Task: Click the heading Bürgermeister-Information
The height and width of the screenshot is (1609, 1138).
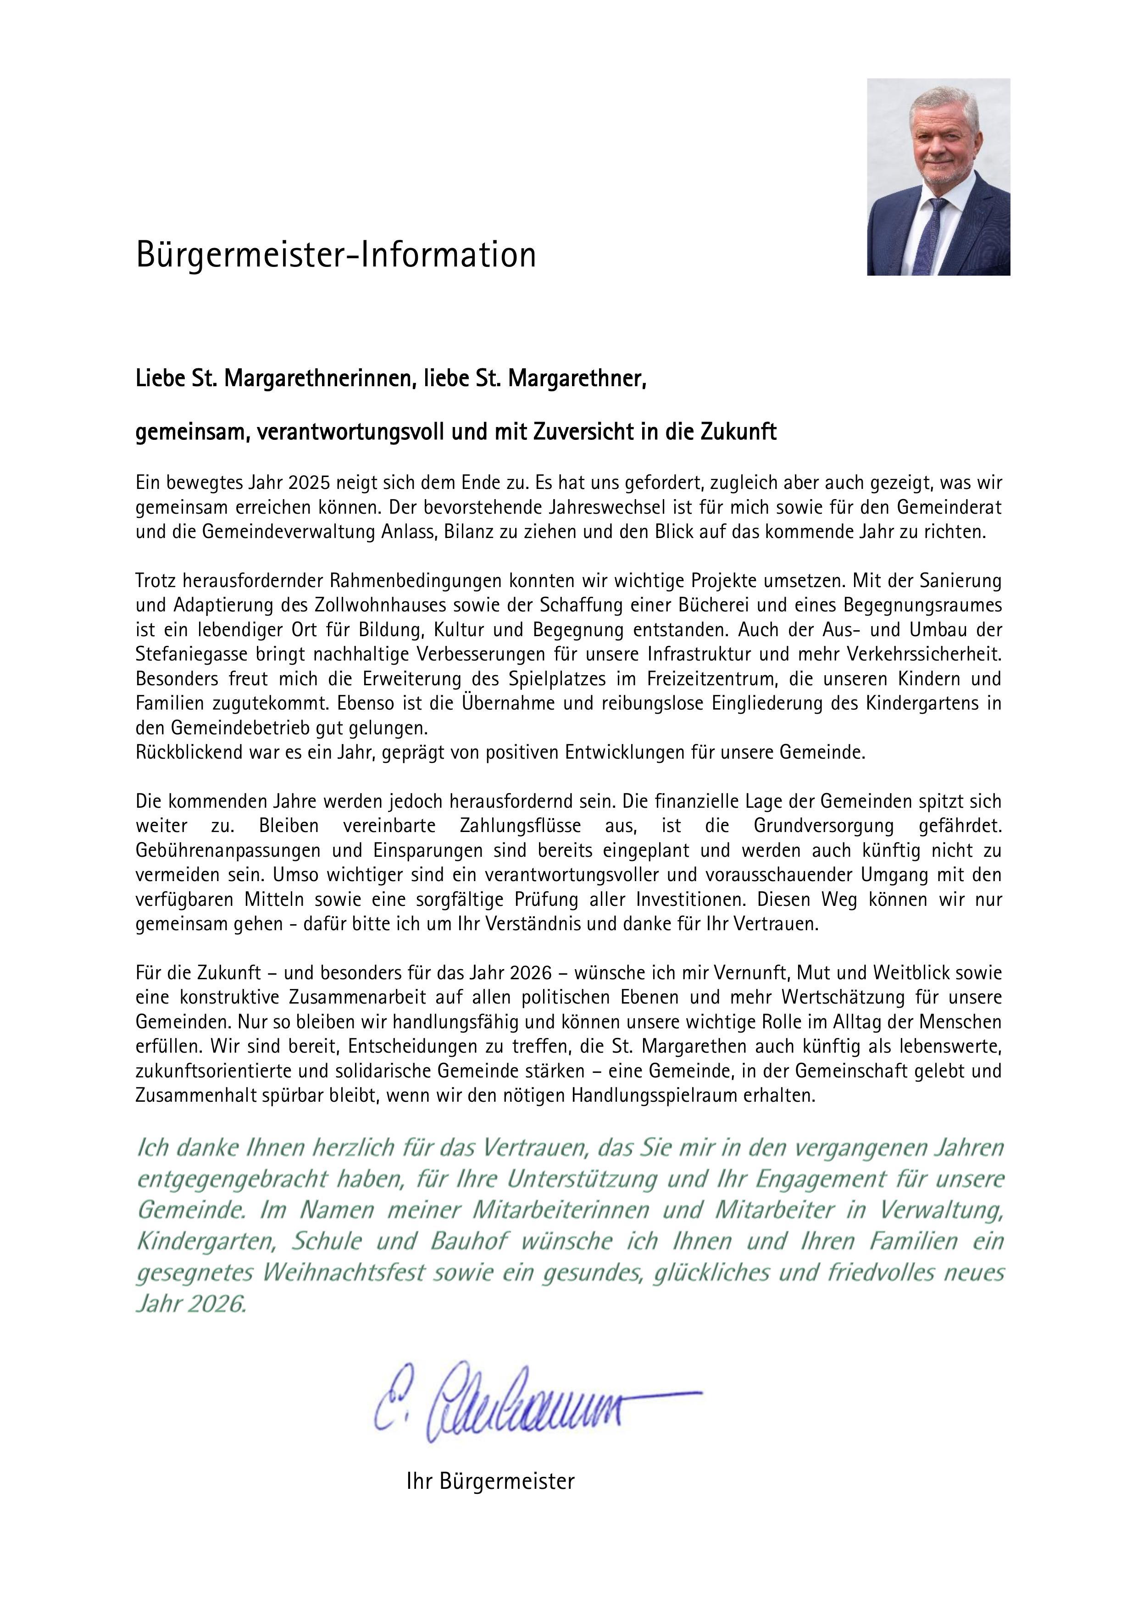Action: pyautogui.click(x=336, y=255)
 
